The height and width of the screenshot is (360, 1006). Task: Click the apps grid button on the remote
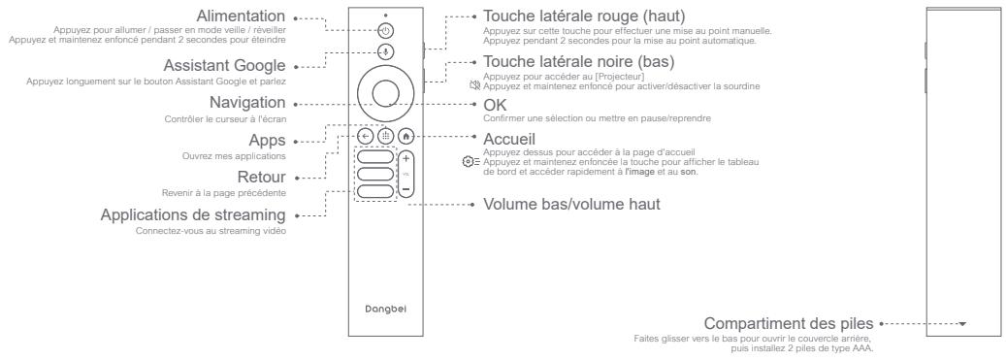384,137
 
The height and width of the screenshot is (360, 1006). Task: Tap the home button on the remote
406,137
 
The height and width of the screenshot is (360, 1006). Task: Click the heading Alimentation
241,16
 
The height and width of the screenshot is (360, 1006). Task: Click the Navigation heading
247,102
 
